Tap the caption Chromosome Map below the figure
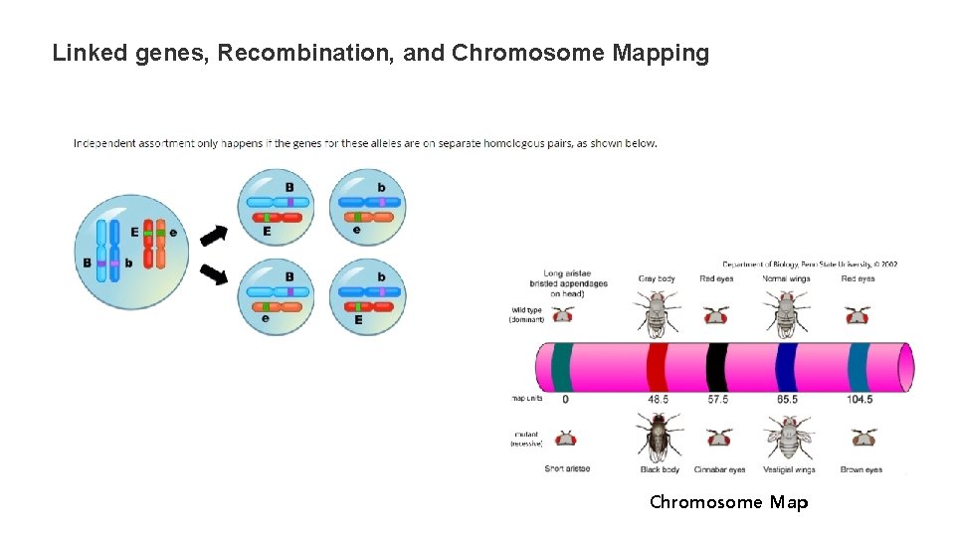click(728, 502)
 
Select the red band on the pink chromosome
click(657, 366)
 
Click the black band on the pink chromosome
click(717, 366)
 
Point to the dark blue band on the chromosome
click(786, 366)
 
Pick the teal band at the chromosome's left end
click(561, 366)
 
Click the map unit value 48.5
click(657, 399)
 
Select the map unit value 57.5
click(717, 399)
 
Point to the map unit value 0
click(565, 399)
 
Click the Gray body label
click(657, 278)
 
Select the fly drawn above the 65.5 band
click(786, 311)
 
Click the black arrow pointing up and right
click(214, 236)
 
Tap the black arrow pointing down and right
click(214, 272)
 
